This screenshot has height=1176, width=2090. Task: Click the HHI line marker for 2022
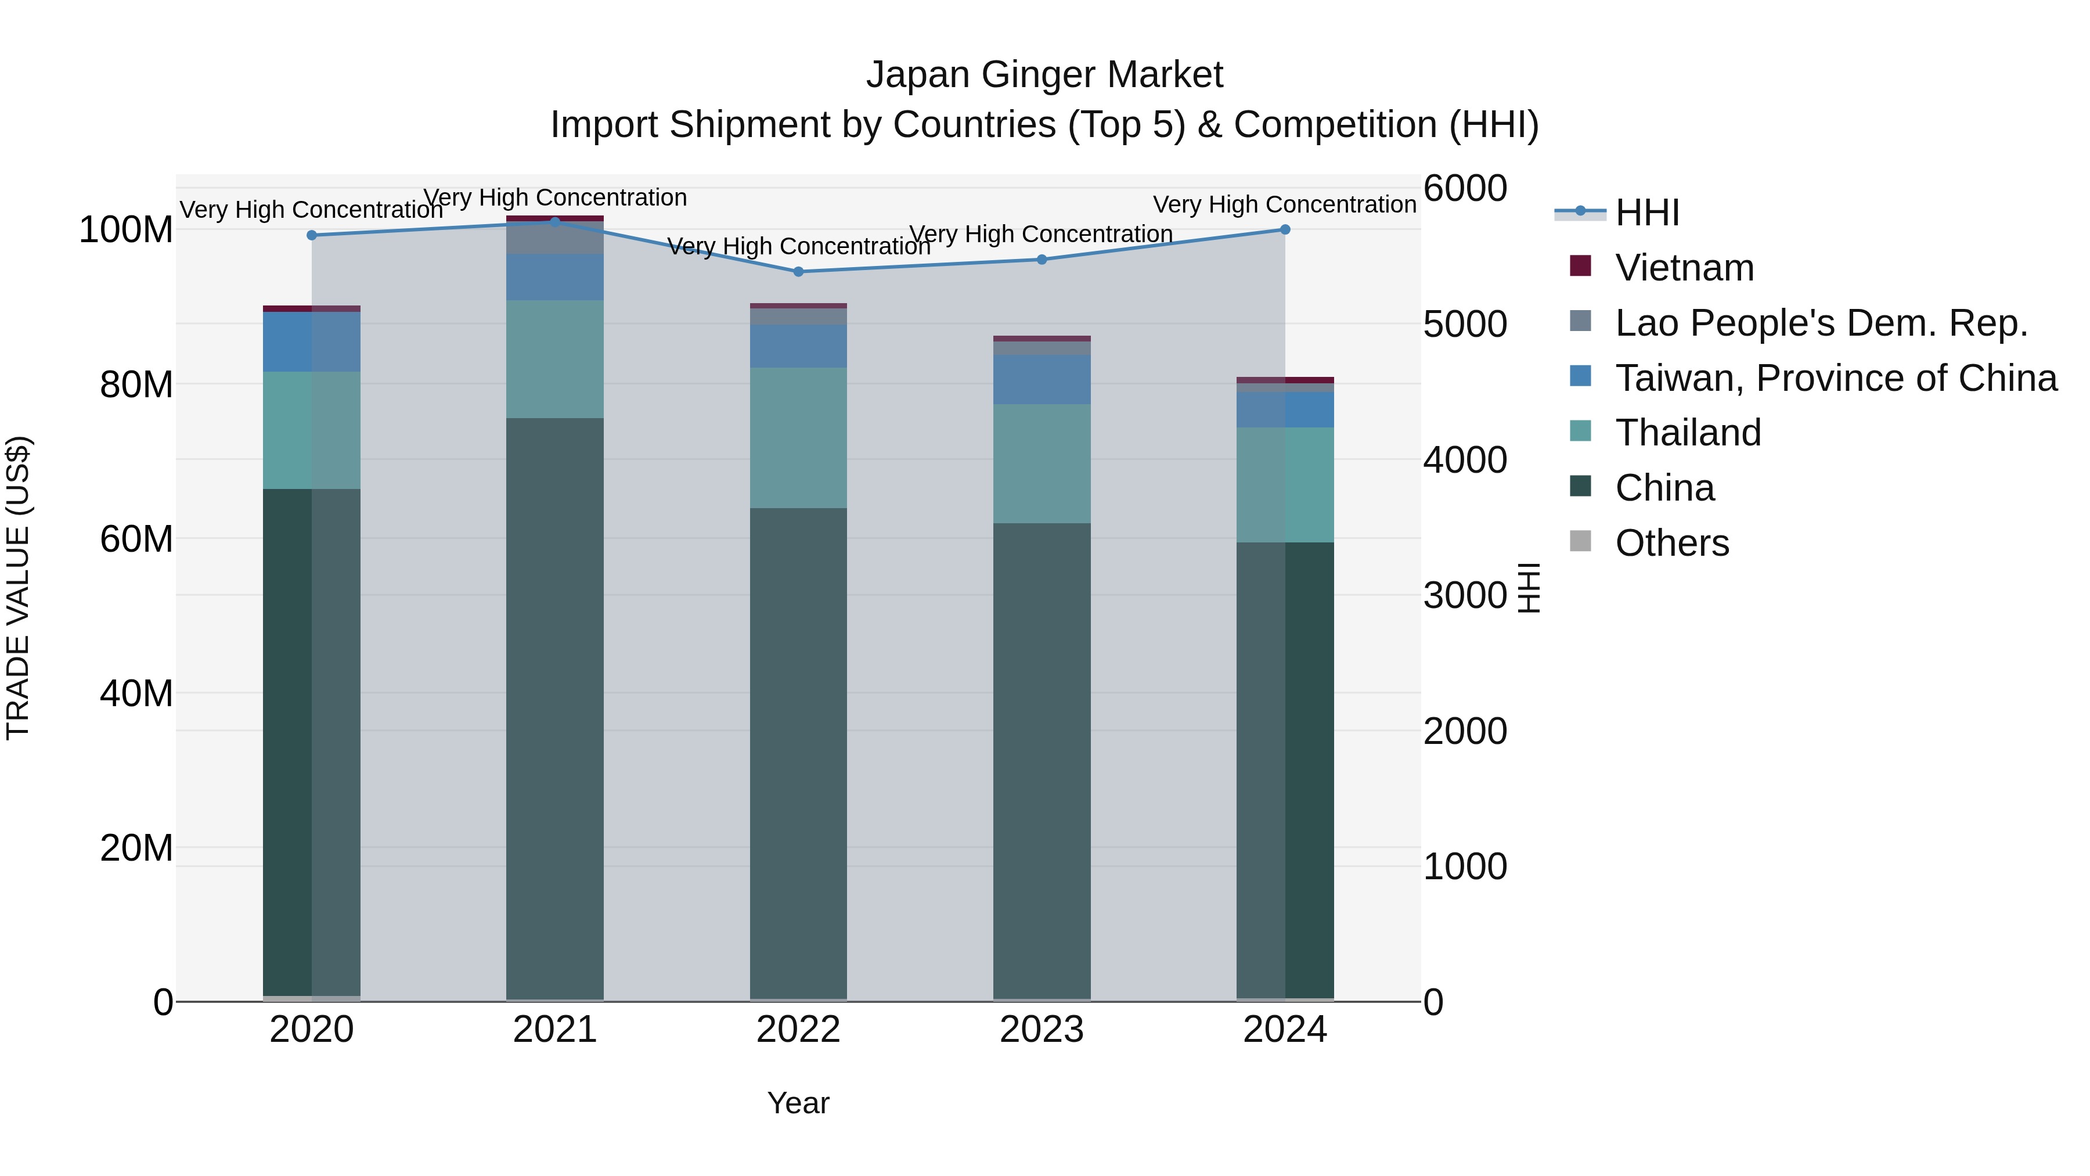(798, 272)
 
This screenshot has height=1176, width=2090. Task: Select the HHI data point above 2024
(1285, 229)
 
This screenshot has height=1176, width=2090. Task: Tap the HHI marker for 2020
(312, 235)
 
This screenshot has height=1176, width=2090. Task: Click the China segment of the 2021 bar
(555, 706)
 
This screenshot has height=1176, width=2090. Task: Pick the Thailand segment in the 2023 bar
(1042, 463)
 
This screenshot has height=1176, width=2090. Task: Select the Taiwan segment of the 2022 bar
(798, 347)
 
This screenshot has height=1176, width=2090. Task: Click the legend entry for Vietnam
(1684, 268)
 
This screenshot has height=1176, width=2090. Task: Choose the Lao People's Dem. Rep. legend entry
(1820, 323)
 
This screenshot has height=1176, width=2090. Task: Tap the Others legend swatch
(1580, 541)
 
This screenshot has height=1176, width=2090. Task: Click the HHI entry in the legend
(1646, 213)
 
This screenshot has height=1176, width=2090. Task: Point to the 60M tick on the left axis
(136, 539)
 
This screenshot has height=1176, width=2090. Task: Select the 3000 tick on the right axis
(1465, 596)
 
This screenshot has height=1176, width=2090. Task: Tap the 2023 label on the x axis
(1042, 1030)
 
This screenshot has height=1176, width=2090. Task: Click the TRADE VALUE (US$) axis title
(18, 588)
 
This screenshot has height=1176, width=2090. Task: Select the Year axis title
(798, 1103)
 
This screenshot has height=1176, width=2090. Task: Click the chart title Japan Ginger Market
(1044, 75)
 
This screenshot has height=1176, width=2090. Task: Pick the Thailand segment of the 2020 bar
(312, 430)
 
